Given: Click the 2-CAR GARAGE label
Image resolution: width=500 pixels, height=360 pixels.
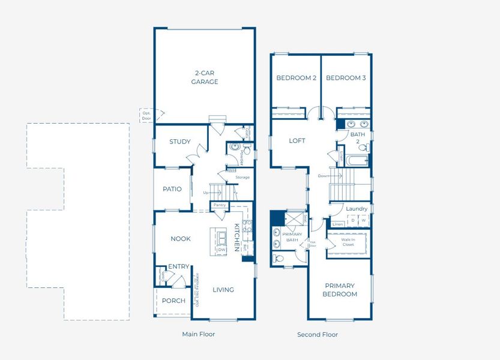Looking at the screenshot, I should point(204,77).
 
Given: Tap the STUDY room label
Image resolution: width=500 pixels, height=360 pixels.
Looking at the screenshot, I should point(179,142).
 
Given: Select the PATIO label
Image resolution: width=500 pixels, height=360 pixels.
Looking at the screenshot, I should point(172,189).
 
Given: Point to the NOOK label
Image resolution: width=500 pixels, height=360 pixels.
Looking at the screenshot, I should point(180,239).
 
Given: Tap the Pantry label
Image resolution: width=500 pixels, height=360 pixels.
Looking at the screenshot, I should point(219,205).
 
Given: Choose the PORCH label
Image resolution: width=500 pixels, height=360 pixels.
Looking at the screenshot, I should point(173,301).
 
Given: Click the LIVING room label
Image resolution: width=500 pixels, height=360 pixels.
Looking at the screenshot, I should point(223,290).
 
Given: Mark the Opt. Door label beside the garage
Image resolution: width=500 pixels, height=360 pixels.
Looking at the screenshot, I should point(146,115).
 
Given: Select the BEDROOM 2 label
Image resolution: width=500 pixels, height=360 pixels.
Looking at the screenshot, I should point(296,78).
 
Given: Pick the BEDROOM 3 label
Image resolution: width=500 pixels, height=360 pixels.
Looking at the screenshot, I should point(346,78).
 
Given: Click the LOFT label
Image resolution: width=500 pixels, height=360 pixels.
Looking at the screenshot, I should point(297,141).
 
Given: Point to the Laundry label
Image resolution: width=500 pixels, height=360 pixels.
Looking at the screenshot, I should point(357,209).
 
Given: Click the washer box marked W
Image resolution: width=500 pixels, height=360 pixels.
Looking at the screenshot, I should point(363,221).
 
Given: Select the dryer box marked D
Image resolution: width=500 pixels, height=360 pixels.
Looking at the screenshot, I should point(353,221).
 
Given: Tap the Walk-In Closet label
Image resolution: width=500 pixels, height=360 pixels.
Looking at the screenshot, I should point(348,242).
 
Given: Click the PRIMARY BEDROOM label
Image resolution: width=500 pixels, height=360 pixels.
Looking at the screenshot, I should point(340,290).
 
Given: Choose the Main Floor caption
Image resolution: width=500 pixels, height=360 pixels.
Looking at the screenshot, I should point(198,334).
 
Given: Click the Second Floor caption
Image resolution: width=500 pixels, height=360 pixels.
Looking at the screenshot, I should point(318,334).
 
